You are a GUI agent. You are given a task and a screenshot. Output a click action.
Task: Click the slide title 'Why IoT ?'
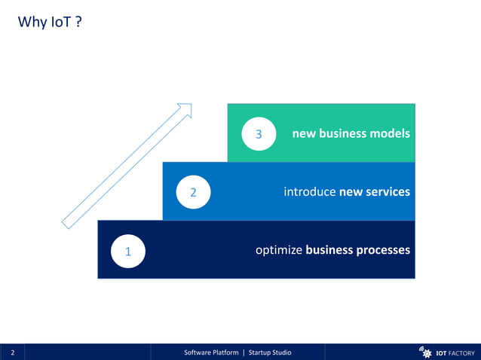49,23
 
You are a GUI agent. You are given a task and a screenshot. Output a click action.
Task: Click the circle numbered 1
128,252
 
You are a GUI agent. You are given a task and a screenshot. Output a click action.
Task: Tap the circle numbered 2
193,192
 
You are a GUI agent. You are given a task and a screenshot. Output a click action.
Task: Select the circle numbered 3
258,134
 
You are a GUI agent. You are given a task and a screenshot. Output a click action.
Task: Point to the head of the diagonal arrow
185,110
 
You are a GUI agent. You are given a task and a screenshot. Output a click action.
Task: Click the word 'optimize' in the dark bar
279,250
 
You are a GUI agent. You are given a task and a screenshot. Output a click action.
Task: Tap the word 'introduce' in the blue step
310,192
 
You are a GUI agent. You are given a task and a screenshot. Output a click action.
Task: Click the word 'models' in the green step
390,134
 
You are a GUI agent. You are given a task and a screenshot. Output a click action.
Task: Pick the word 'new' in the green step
304,134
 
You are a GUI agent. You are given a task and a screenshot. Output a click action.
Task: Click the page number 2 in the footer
12,352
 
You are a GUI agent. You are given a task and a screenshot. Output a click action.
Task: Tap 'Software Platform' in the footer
211,352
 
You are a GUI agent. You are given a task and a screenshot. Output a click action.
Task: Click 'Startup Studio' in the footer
270,352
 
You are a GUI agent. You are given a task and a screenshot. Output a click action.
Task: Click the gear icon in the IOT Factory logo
426,352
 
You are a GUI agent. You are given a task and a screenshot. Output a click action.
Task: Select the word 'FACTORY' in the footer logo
461,352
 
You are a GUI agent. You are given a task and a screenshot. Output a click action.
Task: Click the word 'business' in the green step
343,134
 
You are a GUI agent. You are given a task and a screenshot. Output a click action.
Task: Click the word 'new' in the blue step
351,192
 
